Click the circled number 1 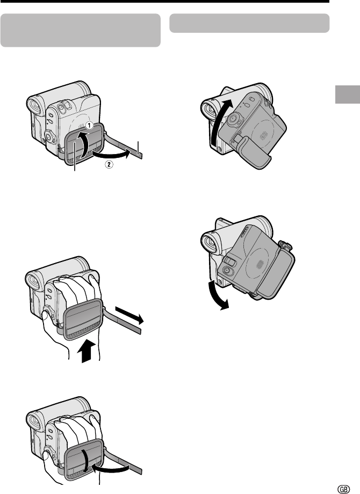(89, 126)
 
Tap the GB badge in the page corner (343, 489)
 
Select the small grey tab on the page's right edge (347, 94)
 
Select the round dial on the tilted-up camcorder (233, 119)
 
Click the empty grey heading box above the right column (249, 23)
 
